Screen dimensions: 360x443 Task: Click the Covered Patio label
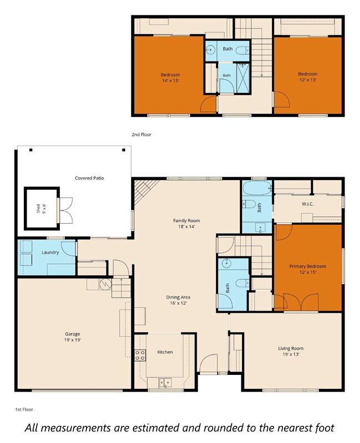89,178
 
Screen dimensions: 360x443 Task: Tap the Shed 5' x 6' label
41,209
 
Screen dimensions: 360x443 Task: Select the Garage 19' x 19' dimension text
73,340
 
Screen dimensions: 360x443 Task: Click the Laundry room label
50,253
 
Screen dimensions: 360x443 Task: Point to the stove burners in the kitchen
140,355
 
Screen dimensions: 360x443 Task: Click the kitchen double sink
165,383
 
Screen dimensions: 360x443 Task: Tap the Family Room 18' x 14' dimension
187,226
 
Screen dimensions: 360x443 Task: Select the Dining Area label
178,297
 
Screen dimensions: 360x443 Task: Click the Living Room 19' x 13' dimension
291,354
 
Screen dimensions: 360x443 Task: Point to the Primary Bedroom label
308,266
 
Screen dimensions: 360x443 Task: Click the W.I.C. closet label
308,204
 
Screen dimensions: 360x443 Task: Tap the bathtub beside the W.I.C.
257,188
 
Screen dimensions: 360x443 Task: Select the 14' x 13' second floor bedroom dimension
171,80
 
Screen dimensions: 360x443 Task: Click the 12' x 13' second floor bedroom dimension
308,80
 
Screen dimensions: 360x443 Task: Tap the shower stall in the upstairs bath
243,78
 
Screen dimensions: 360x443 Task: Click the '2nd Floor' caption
142,135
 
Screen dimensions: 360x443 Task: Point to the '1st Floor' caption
24,409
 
